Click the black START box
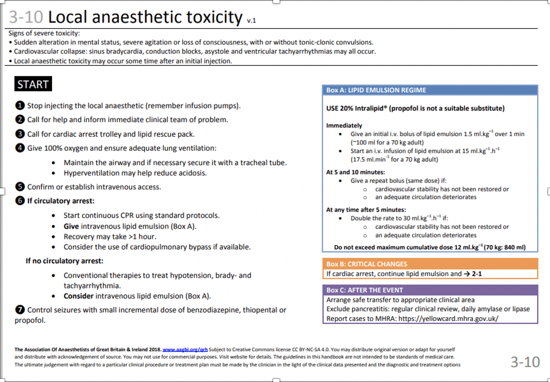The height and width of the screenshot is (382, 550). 33,84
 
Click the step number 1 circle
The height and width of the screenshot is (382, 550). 20,106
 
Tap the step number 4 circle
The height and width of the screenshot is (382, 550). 20,148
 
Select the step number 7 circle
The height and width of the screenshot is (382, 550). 20,310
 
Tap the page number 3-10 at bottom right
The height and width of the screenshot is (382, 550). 525,362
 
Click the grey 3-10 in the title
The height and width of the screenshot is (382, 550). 26,17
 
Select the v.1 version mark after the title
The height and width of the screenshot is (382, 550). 251,21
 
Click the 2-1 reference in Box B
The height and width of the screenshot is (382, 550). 476,274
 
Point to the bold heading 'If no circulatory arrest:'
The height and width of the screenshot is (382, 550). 64,261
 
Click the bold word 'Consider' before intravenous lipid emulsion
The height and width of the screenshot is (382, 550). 79,296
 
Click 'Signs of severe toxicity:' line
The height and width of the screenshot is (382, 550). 44,33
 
